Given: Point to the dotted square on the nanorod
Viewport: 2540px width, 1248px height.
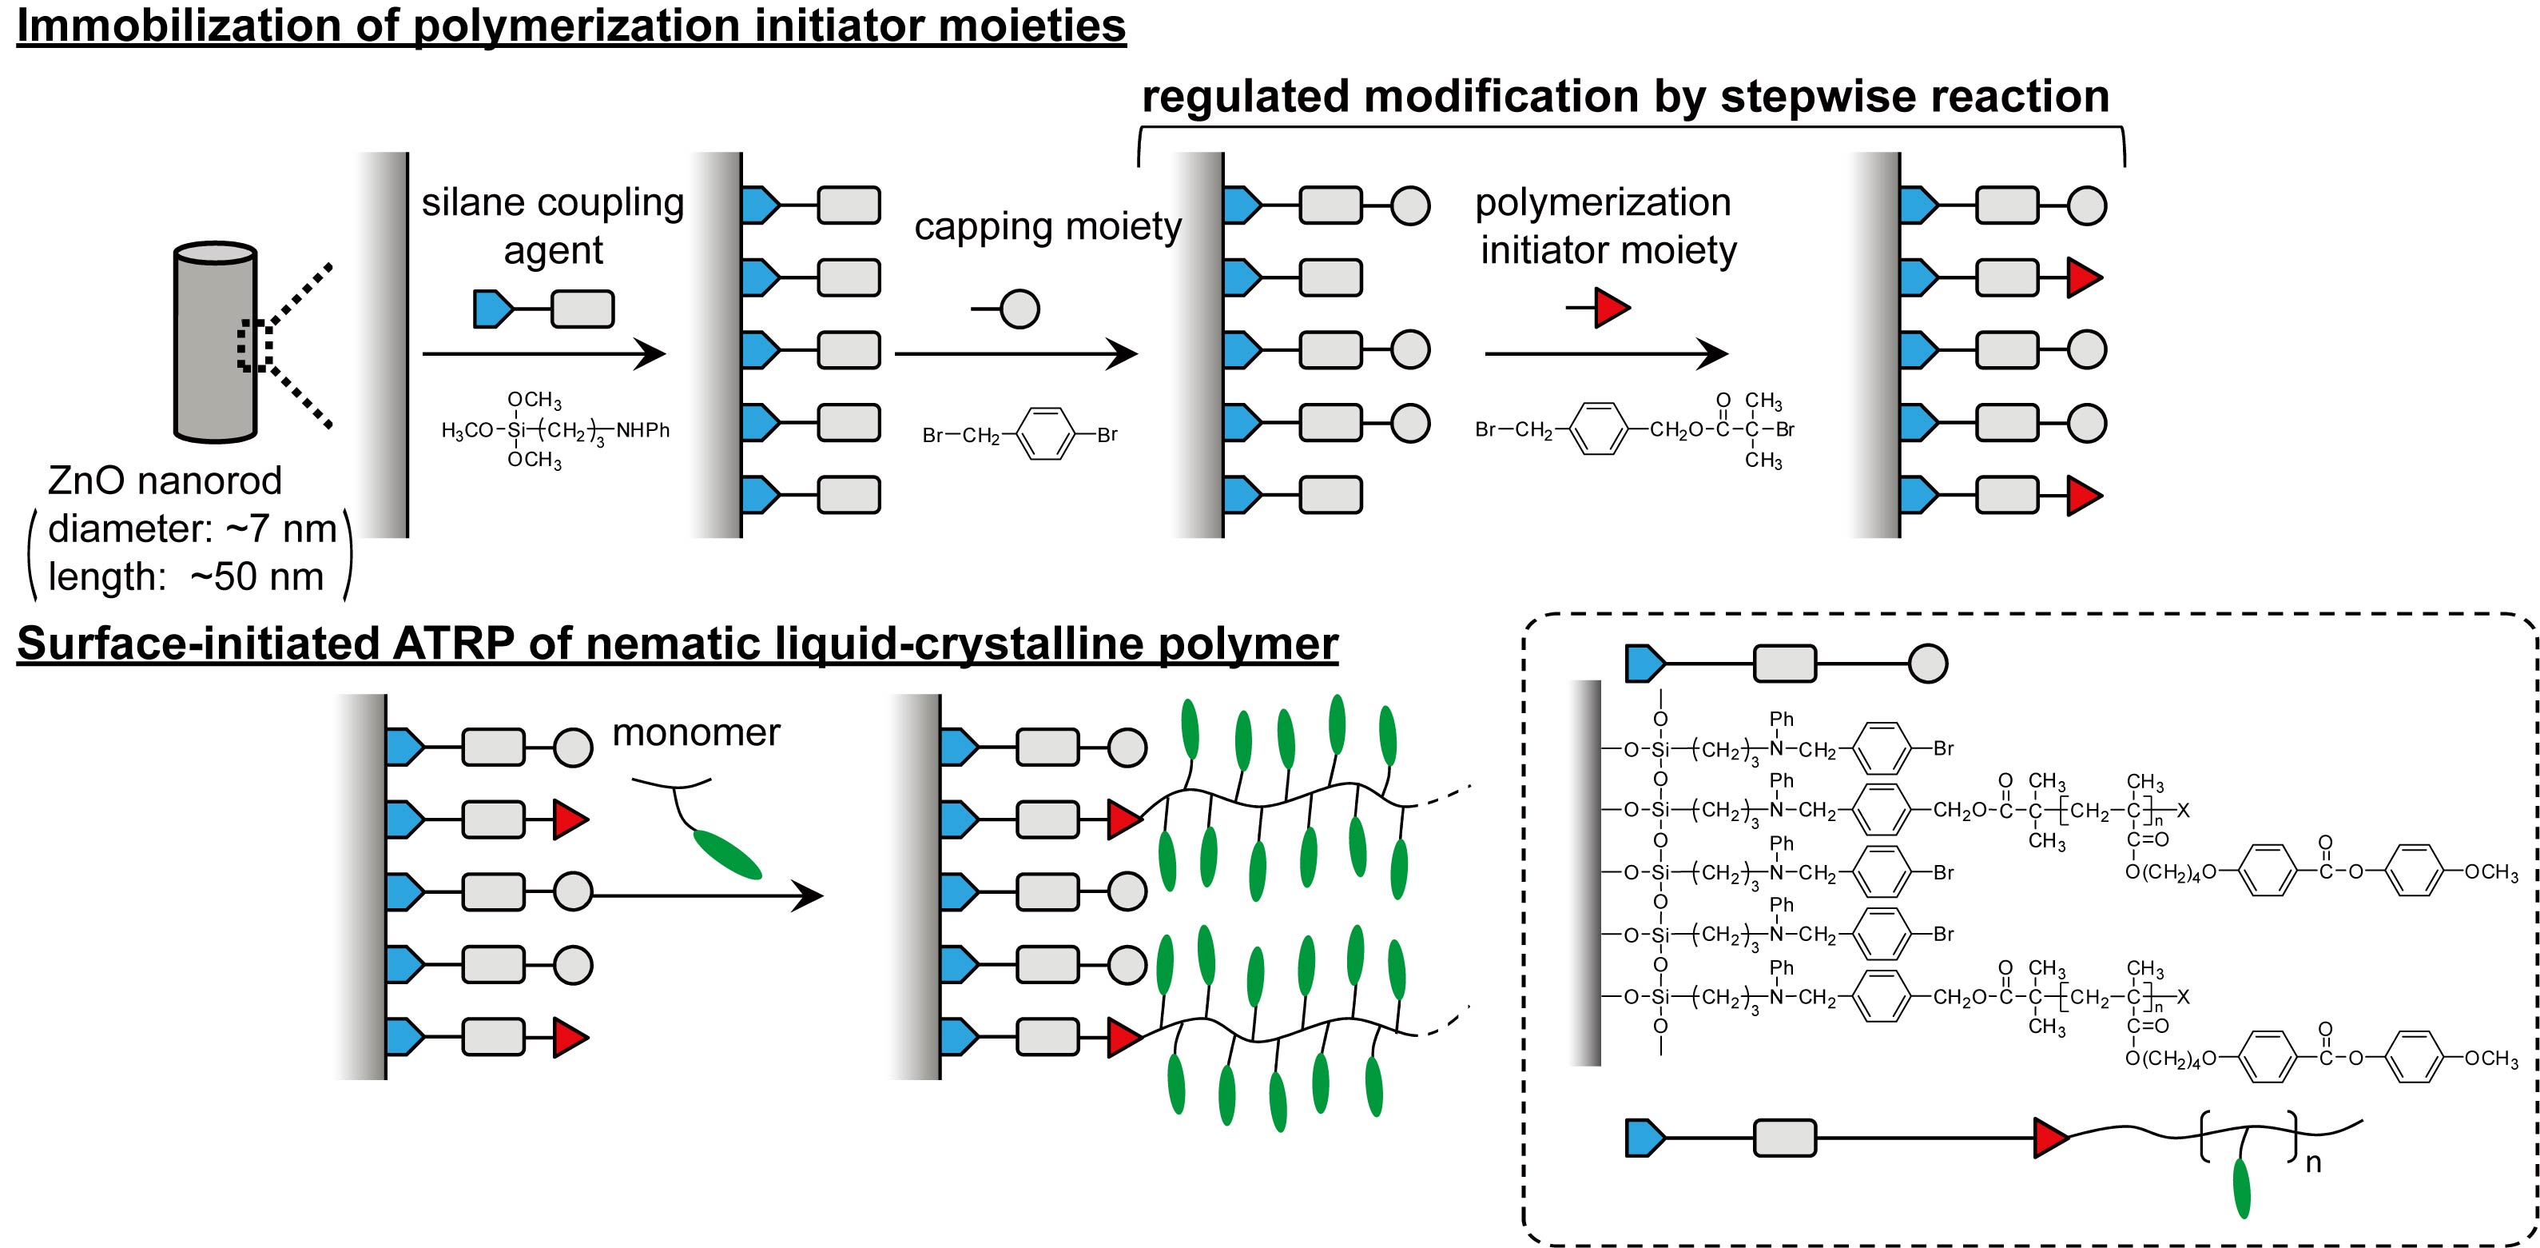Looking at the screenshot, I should pyautogui.click(x=254, y=345).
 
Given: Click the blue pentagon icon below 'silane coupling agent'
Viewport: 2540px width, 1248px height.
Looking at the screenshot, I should pyautogui.click(x=492, y=309).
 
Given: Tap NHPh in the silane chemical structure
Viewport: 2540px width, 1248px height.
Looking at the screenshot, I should pyautogui.click(x=643, y=430).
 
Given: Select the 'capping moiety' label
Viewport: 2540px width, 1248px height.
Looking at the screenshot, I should pyautogui.click(x=1047, y=226).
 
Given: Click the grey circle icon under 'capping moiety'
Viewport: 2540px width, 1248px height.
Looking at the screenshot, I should pyautogui.click(x=1020, y=309).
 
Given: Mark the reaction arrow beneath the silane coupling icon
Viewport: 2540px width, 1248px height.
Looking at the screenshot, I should pyautogui.click(x=543, y=353).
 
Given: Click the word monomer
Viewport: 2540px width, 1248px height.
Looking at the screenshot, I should pyautogui.click(x=696, y=732).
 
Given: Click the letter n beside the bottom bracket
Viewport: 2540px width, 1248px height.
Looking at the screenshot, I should pyautogui.click(x=2313, y=1163).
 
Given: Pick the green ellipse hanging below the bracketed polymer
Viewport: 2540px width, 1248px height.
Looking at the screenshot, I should pyautogui.click(x=2241, y=1188).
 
